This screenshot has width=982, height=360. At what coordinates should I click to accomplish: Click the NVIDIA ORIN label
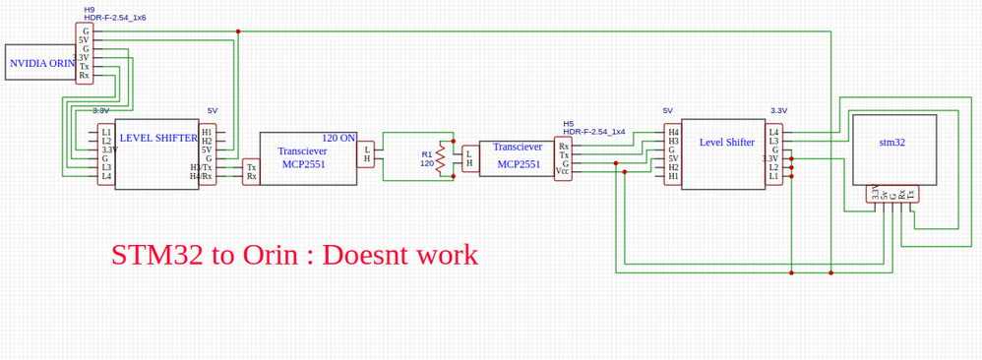pyautogui.click(x=42, y=63)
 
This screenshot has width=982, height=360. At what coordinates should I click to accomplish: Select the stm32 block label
pyautogui.click(x=892, y=143)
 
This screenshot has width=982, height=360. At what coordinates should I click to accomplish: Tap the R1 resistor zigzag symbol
pyautogui.click(x=441, y=159)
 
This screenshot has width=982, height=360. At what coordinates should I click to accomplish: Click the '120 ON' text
pyautogui.click(x=338, y=139)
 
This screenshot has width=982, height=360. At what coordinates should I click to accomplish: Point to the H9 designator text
pyautogui.click(x=90, y=9)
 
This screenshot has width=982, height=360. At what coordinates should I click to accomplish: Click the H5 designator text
pyautogui.click(x=569, y=124)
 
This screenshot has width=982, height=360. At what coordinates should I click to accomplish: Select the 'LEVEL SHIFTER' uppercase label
pyautogui.click(x=158, y=139)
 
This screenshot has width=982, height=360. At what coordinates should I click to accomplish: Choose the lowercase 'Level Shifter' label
pyautogui.click(x=726, y=143)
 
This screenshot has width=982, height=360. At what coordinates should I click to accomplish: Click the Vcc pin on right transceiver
pyautogui.click(x=562, y=171)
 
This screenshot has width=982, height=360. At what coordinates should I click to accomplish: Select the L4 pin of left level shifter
pyautogui.click(x=106, y=176)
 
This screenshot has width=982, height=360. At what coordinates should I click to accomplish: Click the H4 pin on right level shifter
pyautogui.click(x=673, y=132)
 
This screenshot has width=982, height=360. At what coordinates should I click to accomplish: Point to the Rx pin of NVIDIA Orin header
pyautogui.click(x=85, y=75)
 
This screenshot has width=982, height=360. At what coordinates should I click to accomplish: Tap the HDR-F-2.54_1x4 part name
pyautogui.click(x=594, y=132)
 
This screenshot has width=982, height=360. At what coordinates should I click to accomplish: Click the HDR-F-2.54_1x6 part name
pyautogui.click(x=115, y=18)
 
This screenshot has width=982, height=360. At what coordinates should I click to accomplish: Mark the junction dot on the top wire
pyautogui.click(x=238, y=31)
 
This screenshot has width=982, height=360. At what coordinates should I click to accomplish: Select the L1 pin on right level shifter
pyautogui.click(x=773, y=176)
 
